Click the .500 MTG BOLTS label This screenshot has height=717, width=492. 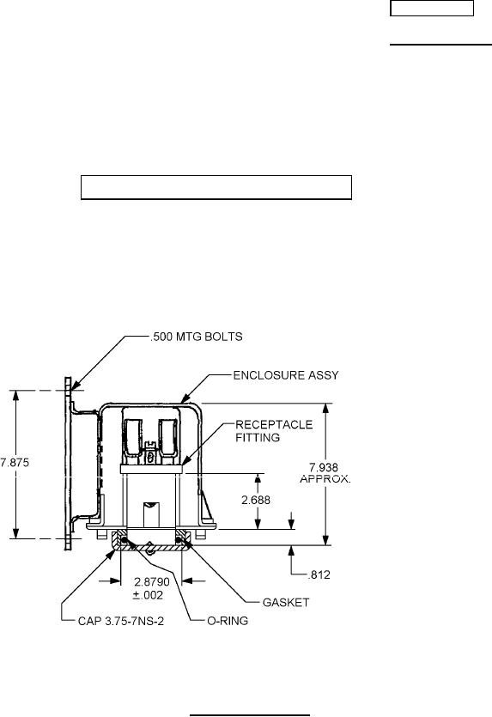tap(197, 337)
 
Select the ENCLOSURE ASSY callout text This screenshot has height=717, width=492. tap(286, 375)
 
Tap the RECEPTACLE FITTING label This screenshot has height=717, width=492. tap(274, 431)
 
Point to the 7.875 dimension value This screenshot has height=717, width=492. tap(15, 462)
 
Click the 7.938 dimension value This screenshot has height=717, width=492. tap(324, 467)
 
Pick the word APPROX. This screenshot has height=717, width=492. tap(325, 479)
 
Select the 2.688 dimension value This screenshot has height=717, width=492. tap(256, 500)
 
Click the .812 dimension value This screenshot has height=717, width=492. tap(319, 574)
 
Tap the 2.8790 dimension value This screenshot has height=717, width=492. tap(152, 582)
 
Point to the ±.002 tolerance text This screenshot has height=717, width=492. tap(148, 595)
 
